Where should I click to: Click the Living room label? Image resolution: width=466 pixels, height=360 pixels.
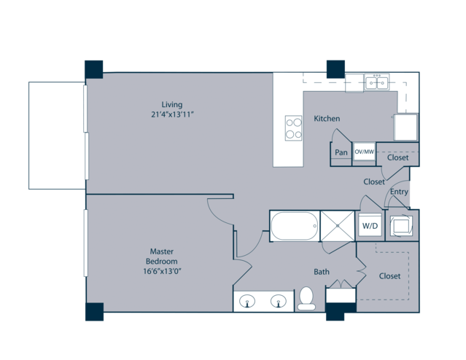(172, 104)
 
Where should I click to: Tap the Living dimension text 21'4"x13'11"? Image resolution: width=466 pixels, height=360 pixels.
(172, 114)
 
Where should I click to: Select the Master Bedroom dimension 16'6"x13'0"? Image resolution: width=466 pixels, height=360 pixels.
(162, 271)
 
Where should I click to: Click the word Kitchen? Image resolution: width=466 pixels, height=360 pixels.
(327, 119)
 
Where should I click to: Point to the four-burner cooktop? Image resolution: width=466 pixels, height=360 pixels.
(294, 128)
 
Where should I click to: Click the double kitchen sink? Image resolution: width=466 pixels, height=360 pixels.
(377, 82)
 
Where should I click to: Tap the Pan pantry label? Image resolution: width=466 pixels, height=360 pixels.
(341, 152)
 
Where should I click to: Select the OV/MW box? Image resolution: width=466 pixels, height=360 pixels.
(365, 152)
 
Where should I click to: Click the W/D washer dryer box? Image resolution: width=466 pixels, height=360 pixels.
(370, 226)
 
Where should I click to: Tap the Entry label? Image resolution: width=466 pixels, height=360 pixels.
(399, 192)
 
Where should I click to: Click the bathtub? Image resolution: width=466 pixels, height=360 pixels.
(294, 226)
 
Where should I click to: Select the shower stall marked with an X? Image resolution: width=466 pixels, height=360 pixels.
(338, 226)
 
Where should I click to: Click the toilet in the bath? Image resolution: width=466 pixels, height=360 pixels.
(306, 299)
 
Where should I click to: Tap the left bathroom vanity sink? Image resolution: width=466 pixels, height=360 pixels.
(247, 301)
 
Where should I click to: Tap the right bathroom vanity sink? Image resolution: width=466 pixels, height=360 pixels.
(279, 301)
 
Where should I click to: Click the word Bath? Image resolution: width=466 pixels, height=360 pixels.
(322, 272)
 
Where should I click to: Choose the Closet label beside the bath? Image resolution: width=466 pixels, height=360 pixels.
(389, 276)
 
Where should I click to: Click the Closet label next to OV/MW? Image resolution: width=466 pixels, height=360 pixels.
(397, 157)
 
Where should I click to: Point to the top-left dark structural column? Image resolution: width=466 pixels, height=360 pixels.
(94, 69)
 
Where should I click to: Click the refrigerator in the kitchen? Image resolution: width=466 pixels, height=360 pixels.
(405, 127)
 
